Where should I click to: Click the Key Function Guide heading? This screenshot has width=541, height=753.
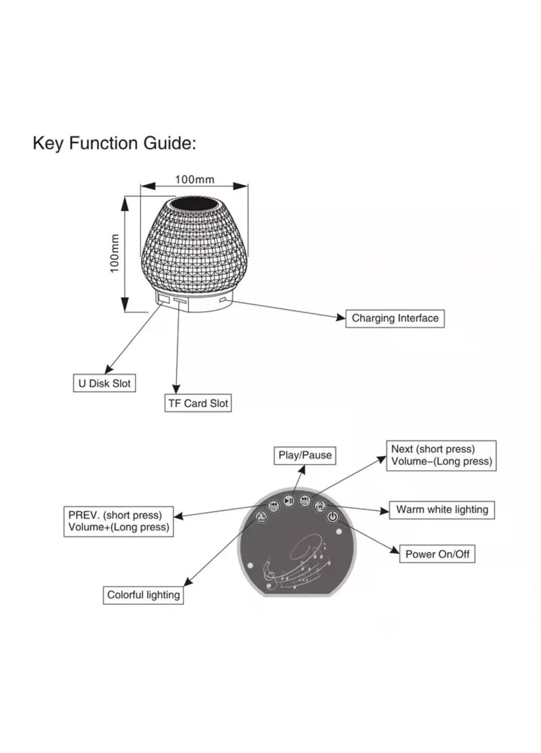point(114,143)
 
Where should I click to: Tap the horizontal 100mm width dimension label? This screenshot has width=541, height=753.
point(194,179)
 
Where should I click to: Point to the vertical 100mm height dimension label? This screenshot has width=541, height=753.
point(114,253)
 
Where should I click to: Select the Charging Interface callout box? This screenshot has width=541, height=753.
point(395,318)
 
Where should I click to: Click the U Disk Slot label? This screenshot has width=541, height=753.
point(104,383)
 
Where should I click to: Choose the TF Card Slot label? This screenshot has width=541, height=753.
point(198,403)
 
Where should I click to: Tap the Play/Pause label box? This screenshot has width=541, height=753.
point(305,455)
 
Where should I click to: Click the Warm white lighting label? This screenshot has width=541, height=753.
point(442,510)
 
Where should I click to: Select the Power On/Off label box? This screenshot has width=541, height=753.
point(438,554)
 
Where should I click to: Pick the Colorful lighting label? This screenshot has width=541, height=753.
point(143,595)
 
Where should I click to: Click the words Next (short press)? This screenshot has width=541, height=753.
point(433,449)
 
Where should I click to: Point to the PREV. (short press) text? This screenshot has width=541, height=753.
point(116,515)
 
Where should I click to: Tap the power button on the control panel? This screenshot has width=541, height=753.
point(332,517)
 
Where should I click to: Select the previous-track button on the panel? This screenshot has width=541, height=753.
point(273,506)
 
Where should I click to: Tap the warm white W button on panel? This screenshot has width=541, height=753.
point(320,506)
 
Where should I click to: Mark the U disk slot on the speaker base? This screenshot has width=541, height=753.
point(163,300)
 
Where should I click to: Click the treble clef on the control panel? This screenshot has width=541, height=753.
point(270,574)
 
